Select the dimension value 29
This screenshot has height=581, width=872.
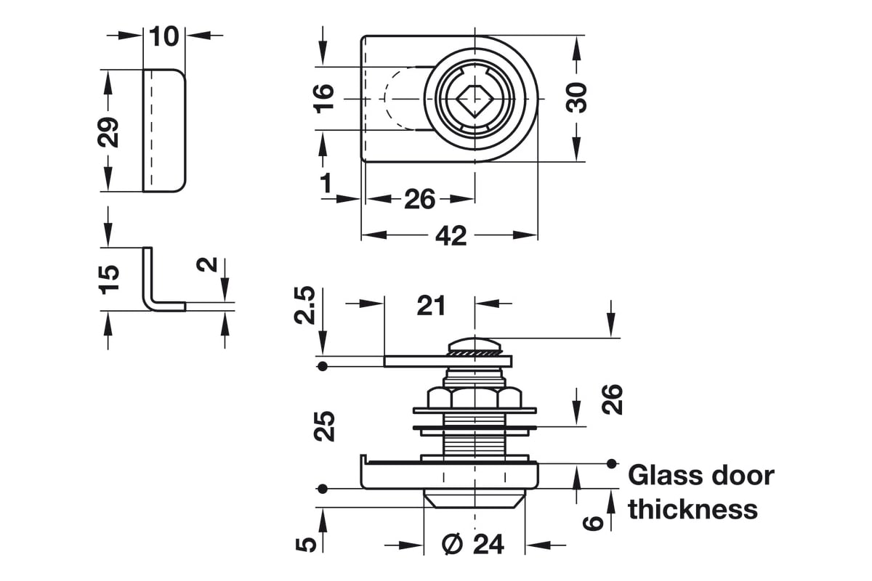[109, 131]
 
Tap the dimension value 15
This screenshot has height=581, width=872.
[108, 279]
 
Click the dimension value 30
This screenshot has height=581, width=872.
[577, 97]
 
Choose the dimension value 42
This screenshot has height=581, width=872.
[450, 235]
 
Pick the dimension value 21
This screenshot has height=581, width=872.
[431, 306]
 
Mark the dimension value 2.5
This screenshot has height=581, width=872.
[306, 305]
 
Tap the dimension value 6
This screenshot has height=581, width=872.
[594, 522]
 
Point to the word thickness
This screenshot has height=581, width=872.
[693, 509]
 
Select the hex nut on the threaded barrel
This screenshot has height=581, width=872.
[475, 398]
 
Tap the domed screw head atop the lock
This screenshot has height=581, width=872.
[475, 344]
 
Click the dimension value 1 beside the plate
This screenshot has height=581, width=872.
[326, 182]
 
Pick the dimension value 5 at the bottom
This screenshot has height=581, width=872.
[308, 543]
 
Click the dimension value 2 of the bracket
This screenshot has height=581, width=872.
[209, 264]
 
